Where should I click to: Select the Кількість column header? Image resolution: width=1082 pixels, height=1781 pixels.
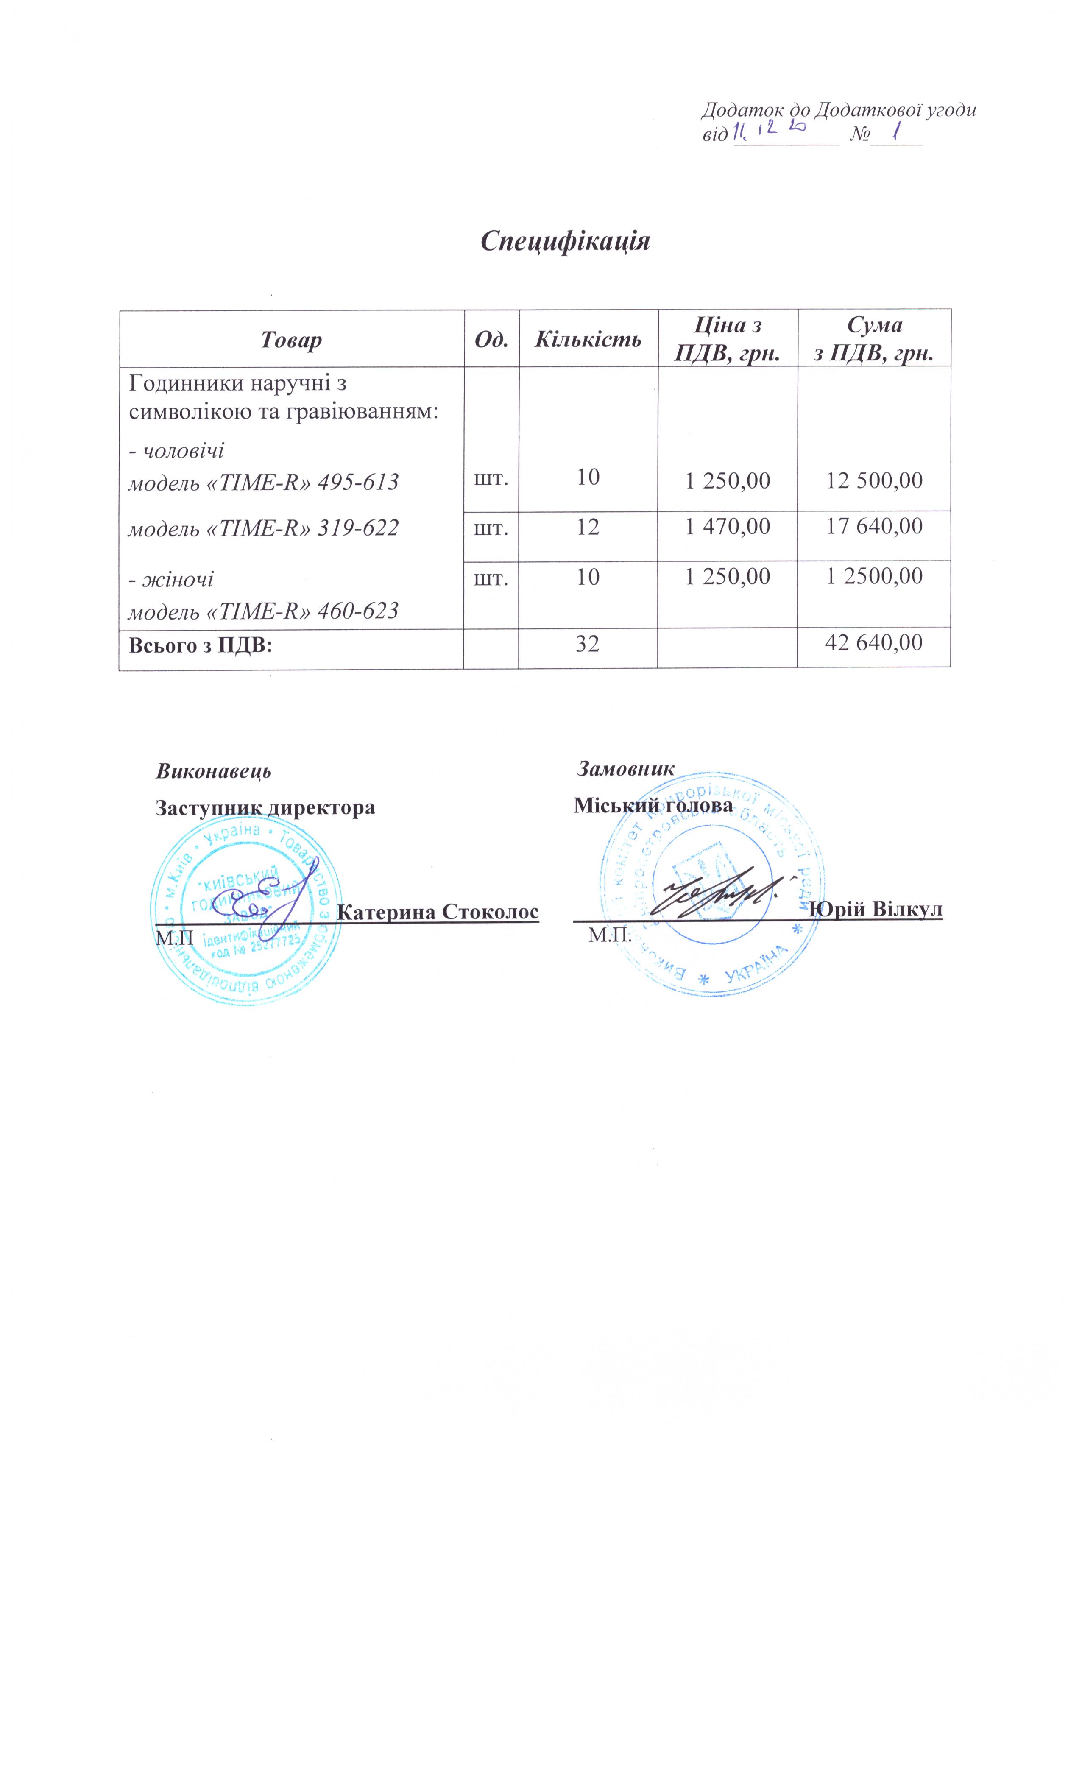(x=588, y=340)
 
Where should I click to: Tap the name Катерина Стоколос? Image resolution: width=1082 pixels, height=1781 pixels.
(x=438, y=911)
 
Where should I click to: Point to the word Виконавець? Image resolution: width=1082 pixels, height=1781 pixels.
(x=214, y=770)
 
